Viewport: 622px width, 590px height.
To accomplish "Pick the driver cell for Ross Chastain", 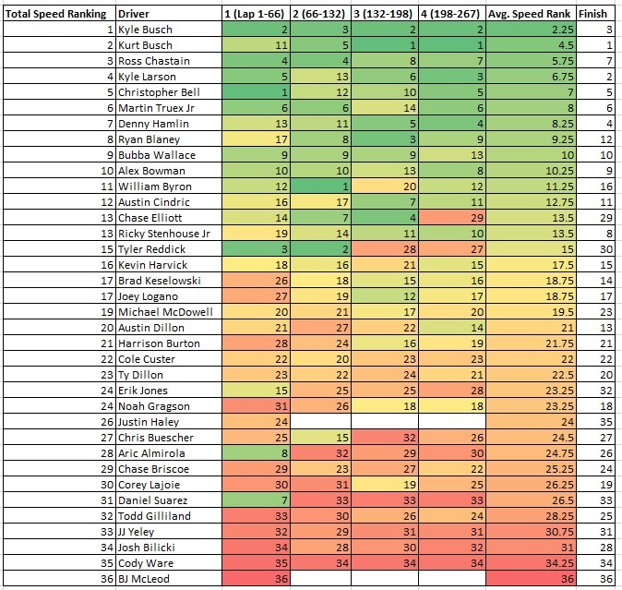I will [155, 61].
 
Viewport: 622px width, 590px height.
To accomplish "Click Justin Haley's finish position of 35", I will [605, 422].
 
